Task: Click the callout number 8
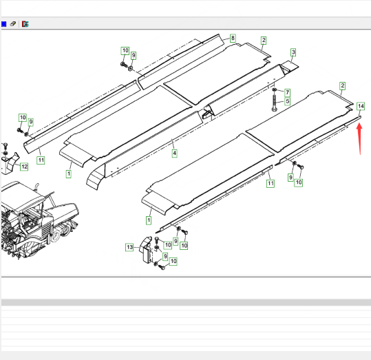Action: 233,38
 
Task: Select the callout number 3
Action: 293,52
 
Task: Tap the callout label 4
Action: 174,153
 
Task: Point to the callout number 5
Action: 287,102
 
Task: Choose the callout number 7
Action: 287,92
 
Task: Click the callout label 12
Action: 24,167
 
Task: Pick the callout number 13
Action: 129,247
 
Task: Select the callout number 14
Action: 361,106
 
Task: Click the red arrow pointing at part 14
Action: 359,139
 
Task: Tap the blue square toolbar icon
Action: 3,24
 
